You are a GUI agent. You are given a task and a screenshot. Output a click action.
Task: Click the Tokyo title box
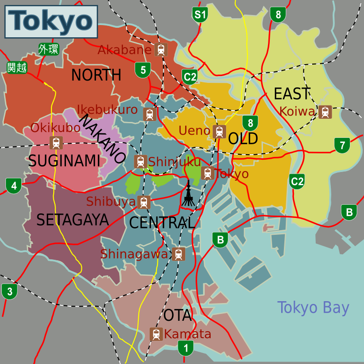[51, 21]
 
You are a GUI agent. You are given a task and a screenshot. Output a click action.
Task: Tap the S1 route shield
[200, 15]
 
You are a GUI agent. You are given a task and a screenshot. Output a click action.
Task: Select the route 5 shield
[143, 70]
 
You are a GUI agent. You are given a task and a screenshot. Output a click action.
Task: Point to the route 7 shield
[342, 145]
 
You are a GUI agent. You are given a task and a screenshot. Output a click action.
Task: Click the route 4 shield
[14, 186]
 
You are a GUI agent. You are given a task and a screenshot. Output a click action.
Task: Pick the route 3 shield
[10, 291]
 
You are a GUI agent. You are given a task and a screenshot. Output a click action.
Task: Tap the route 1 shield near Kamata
[185, 349]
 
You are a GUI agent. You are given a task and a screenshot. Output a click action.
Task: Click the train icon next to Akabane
[160, 50]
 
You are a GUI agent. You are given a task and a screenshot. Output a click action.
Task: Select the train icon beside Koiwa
[324, 111]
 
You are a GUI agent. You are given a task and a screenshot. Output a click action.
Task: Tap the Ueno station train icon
[219, 131]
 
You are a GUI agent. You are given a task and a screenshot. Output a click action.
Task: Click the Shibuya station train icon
[144, 202]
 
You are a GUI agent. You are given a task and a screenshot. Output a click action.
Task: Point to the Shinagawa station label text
[134, 254]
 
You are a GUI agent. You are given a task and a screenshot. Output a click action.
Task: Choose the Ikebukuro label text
[107, 110]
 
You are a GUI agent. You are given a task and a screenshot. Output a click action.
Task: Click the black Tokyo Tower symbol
[187, 194]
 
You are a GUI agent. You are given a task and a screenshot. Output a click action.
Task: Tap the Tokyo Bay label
[313, 308]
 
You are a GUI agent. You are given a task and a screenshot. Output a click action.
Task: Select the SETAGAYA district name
[72, 220]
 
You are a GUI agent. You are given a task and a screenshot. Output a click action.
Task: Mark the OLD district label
[243, 138]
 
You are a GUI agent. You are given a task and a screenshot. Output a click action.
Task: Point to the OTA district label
[177, 315]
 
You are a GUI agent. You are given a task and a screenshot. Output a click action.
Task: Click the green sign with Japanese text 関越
[17, 68]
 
